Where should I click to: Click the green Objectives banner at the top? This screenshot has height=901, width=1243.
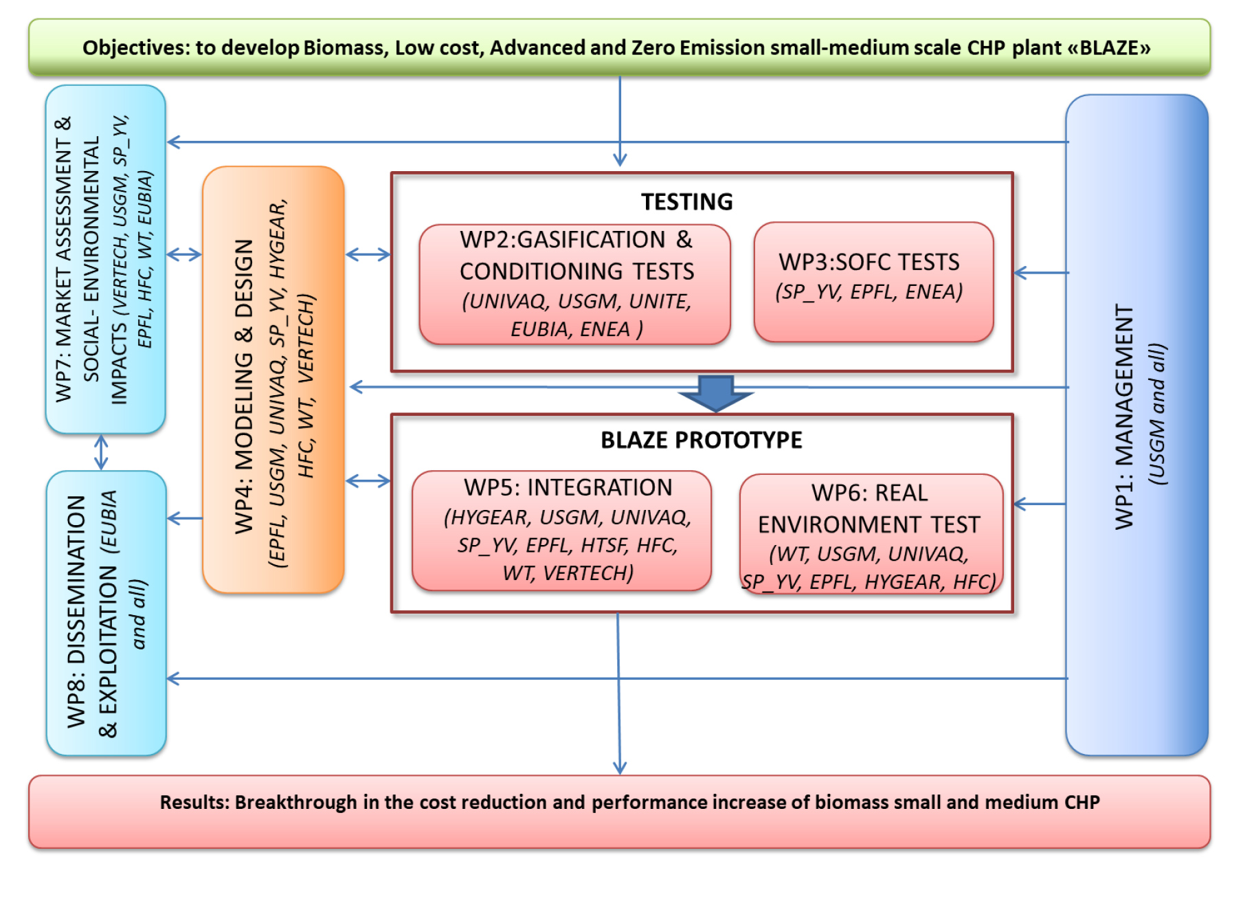click(619, 47)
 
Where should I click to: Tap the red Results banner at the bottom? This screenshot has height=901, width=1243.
click(619, 812)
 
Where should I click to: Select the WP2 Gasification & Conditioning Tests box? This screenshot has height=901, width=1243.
click(575, 284)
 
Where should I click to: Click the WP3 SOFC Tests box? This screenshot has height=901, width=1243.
click(873, 282)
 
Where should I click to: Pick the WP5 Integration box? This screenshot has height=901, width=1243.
click(561, 531)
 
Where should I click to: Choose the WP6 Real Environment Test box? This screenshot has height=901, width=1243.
click(871, 534)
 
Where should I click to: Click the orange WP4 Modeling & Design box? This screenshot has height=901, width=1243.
click(273, 379)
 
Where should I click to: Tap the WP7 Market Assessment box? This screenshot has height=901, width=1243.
click(106, 259)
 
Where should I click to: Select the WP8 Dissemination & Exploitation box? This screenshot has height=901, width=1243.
click(107, 613)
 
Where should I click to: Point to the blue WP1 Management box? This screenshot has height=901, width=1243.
click(1136, 425)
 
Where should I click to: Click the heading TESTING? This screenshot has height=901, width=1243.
click(687, 201)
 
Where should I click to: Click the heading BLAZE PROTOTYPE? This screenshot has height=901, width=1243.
click(702, 440)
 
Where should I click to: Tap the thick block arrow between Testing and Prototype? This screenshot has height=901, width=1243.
click(716, 393)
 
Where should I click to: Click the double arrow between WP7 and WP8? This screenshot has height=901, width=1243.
click(101, 452)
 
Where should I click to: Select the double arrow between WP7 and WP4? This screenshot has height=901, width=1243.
click(184, 255)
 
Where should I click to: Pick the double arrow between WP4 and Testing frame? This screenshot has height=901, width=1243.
click(368, 255)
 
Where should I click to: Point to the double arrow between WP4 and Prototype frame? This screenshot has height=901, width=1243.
click(368, 481)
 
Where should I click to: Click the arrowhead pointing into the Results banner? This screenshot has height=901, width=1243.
click(620, 768)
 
